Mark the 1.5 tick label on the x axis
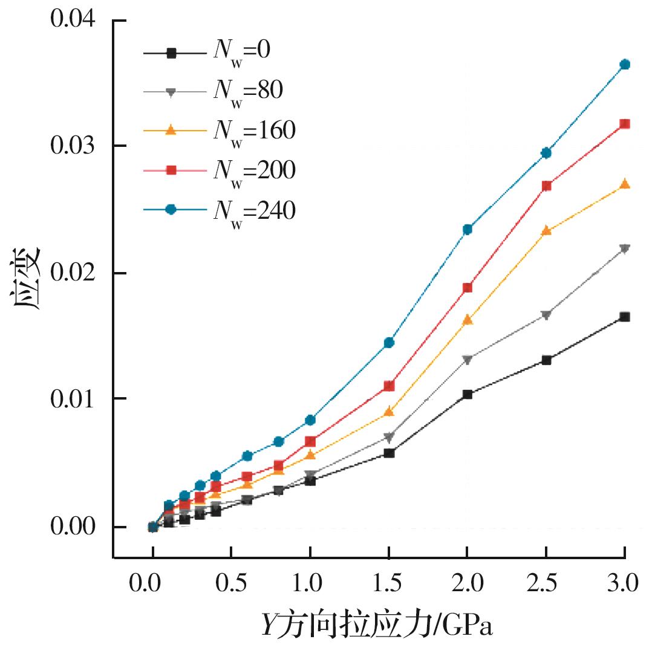(x=389, y=585)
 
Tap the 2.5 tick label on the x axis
(x=546, y=585)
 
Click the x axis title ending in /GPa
(x=377, y=625)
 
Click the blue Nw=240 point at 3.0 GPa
(x=625, y=65)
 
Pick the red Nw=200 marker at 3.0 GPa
(x=625, y=124)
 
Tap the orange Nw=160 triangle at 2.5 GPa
(x=546, y=230)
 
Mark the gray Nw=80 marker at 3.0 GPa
(x=625, y=248)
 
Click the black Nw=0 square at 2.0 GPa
(x=468, y=394)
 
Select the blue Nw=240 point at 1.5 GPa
(x=389, y=343)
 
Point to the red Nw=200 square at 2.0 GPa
(x=468, y=288)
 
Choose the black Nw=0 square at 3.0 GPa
(x=625, y=317)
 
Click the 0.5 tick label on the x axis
(x=232, y=585)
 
